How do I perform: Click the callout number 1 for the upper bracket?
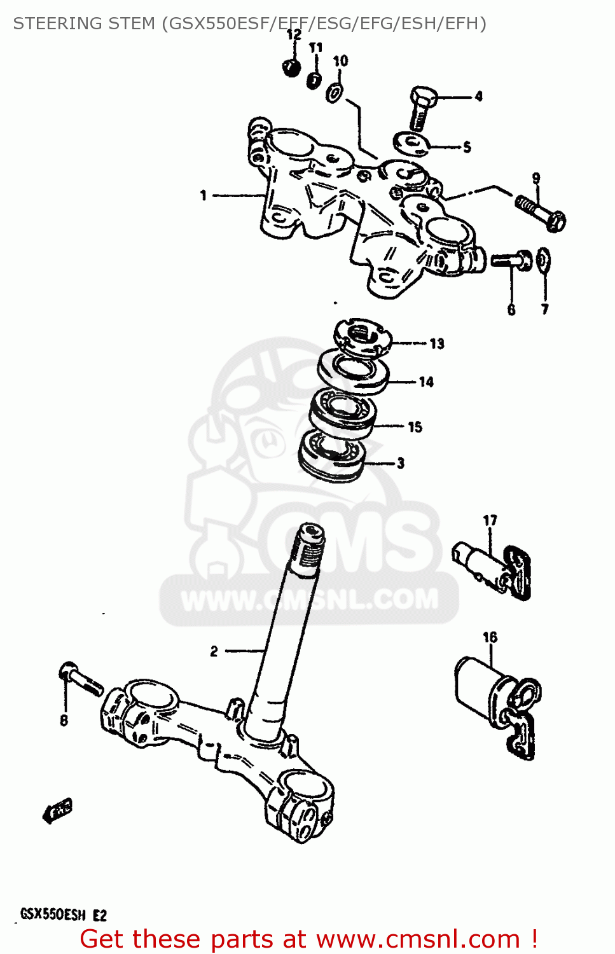point(204,195)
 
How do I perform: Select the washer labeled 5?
point(410,143)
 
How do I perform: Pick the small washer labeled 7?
point(544,260)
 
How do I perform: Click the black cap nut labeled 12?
point(291,67)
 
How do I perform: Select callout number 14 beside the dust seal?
point(426,382)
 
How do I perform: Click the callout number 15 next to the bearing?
point(415,427)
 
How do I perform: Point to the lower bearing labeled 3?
point(332,455)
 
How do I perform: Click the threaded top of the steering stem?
point(309,544)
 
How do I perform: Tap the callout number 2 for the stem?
point(214,651)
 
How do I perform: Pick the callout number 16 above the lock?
point(490,637)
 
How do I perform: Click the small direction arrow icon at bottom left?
point(57,811)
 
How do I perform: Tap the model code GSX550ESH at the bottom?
point(53,915)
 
